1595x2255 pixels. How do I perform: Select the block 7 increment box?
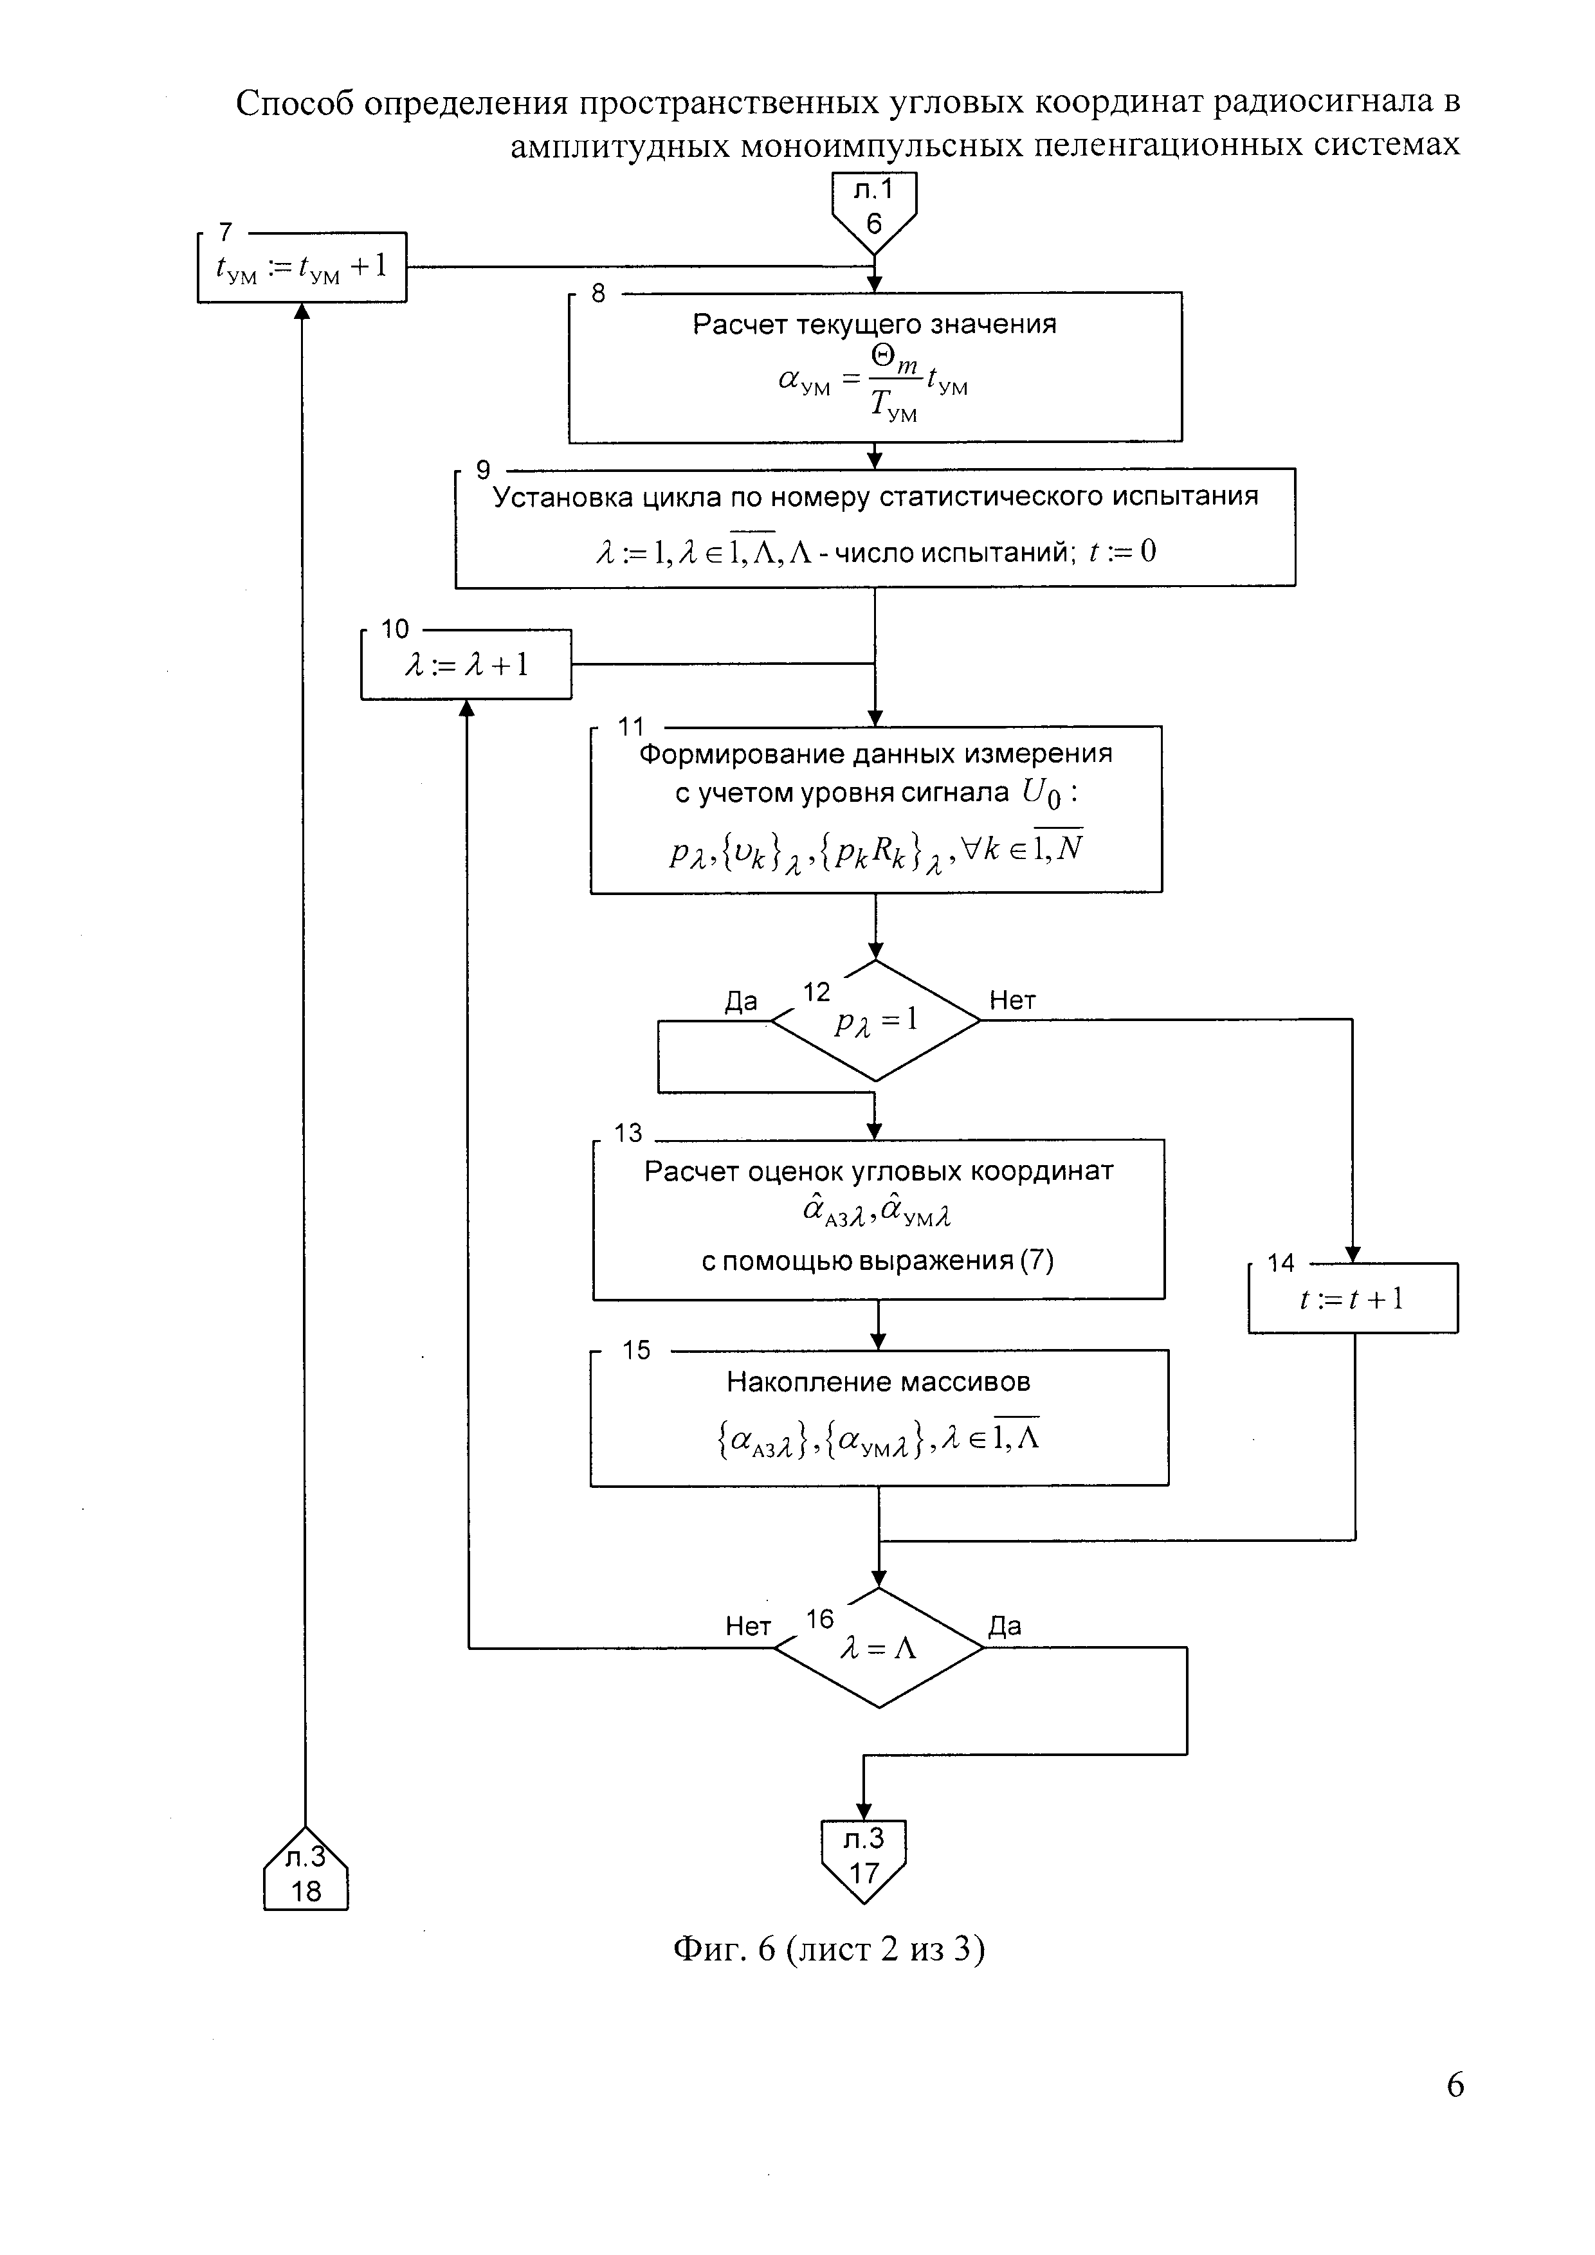pos(302,266)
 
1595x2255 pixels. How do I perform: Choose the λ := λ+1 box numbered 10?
pos(466,665)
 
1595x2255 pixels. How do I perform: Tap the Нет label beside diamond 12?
pos(1012,1001)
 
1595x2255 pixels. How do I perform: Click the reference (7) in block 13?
pos(1034,1261)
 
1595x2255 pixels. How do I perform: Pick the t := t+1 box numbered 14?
pos(1353,1298)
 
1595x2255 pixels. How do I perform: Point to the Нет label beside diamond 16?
pos(749,1626)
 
